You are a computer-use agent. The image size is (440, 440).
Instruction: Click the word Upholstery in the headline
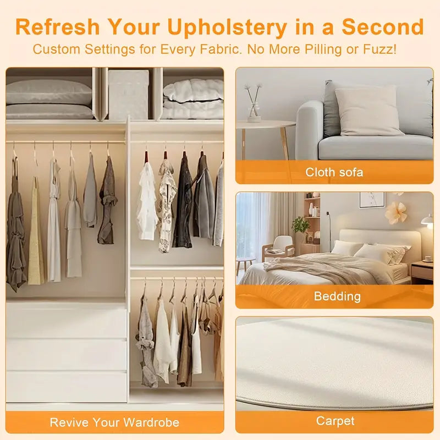(x=227, y=27)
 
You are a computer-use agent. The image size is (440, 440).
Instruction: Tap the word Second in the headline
(x=382, y=26)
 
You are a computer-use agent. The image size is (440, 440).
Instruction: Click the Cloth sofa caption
(x=334, y=172)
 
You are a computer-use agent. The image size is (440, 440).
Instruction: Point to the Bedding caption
(x=337, y=296)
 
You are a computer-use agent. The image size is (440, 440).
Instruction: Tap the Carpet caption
(x=335, y=421)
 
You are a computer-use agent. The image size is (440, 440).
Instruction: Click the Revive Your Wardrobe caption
(x=114, y=422)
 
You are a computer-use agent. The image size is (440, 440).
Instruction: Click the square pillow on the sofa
(x=368, y=112)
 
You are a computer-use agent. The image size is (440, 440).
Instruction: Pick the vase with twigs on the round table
(x=254, y=103)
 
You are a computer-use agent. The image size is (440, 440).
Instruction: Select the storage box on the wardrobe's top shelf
(x=129, y=95)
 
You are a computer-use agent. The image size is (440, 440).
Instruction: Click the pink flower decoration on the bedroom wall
(x=395, y=212)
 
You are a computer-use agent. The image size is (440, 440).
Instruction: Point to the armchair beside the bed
(x=279, y=249)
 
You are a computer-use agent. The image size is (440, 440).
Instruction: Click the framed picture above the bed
(x=372, y=200)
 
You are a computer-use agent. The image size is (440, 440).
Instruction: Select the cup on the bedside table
(x=428, y=258)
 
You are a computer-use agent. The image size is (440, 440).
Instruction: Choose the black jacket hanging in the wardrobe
(x=183, y=201)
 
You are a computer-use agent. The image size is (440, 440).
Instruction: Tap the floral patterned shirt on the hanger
(x=167, y=206)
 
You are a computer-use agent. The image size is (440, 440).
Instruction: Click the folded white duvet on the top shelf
(x=193, y=99)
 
